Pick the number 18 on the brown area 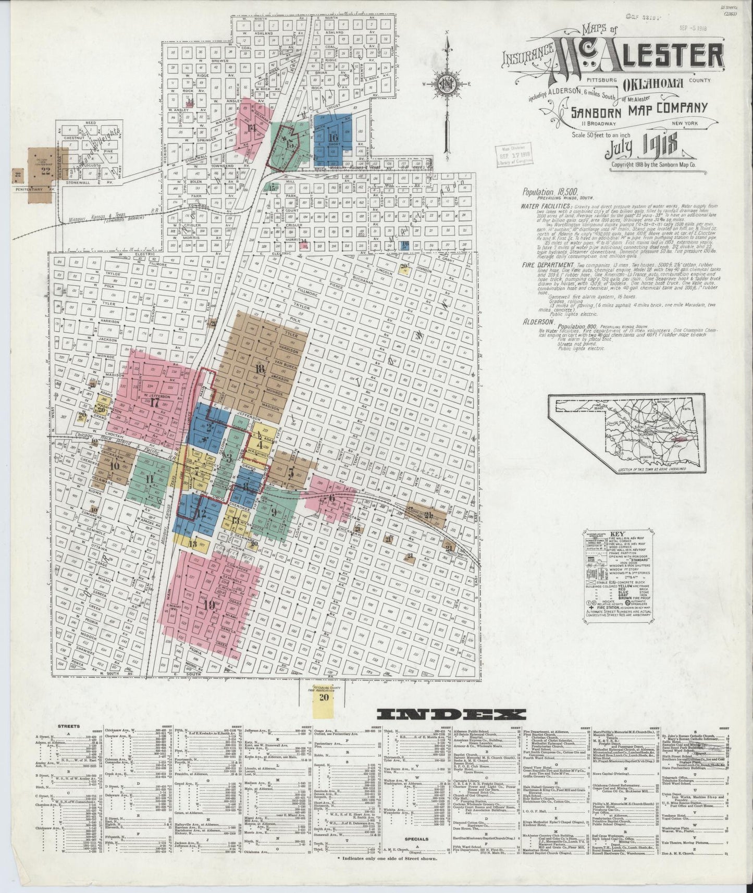tap(260, 368)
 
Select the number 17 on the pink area tap(154, 402)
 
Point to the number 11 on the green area tap(150, 479)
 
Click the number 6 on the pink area tap(331, 498)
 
